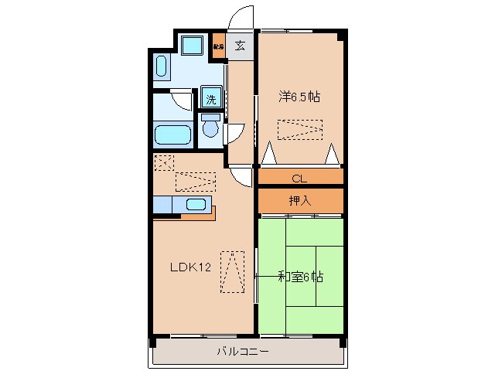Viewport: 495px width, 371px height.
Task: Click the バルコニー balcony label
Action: (242, 352)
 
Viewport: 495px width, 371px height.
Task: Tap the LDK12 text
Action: (190, 268)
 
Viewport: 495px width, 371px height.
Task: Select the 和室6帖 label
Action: (300, 277)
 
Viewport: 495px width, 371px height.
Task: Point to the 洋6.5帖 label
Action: (300, 97)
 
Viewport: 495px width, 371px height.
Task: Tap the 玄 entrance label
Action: (240, 45)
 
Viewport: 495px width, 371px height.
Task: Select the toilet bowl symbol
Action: (210, 128)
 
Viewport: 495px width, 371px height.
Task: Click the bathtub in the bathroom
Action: (172, 134)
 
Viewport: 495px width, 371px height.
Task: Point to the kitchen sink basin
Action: (196, 205)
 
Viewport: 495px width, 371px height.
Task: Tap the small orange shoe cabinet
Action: (219, 45)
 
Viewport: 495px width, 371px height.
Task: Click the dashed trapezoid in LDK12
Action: (232, 271)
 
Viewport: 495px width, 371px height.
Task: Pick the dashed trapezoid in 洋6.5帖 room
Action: (299, 129)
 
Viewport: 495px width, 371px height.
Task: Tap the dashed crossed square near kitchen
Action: (163, 162)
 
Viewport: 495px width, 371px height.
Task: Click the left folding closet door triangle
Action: (268, 154)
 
